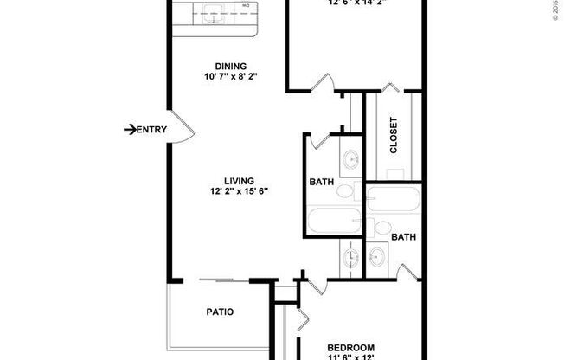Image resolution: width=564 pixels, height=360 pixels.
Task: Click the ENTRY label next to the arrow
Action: point(152,130)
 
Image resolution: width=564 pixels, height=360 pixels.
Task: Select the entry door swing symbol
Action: point(183,129)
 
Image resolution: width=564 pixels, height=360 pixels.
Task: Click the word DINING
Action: point(230,66)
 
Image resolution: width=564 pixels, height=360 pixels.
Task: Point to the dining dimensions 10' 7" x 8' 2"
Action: point(230,77)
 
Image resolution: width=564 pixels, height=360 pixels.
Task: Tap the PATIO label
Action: point(220,312)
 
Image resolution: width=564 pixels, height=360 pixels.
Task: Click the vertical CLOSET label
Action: point(394,134)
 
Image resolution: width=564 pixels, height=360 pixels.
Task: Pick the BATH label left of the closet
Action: point(323,183)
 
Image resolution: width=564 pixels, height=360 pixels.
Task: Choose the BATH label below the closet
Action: point(403,236)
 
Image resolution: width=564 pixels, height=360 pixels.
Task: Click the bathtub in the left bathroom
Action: point(331,221)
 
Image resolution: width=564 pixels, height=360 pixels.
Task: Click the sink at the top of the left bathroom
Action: point(351,159)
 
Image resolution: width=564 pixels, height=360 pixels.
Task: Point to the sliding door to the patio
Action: point(216,280)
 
